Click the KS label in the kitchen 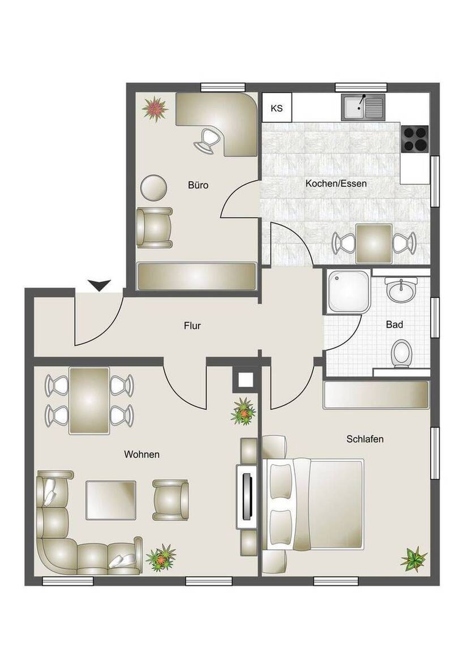(x=277, y=108)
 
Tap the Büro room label (x=198, y=185)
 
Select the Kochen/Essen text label (x=336, y=184)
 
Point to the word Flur (x=192, y=326)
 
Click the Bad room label (x=394, y=325)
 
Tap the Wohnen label (x=142, y=454)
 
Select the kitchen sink (x=362, y=107)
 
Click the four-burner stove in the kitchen (x=415, y=138)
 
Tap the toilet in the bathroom (x=402, y=352)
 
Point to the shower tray (x=347, y=292)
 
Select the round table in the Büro (x=153, y=187)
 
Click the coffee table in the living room (x=111, y=500)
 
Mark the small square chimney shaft (x=245, y=379)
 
